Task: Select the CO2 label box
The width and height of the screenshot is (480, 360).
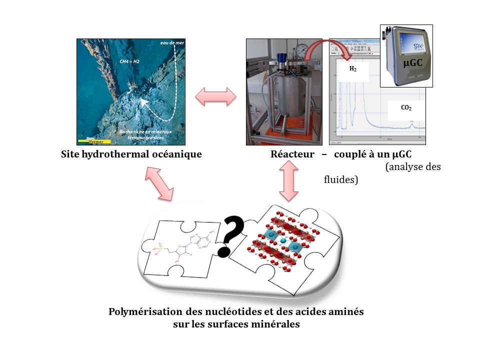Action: pos(406,107)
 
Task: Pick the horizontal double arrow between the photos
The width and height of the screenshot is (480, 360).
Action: pos(215,96)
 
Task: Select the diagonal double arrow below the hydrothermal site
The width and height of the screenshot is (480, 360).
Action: pos(159,183)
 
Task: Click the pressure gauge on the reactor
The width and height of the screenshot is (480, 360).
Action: pos(301,50)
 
